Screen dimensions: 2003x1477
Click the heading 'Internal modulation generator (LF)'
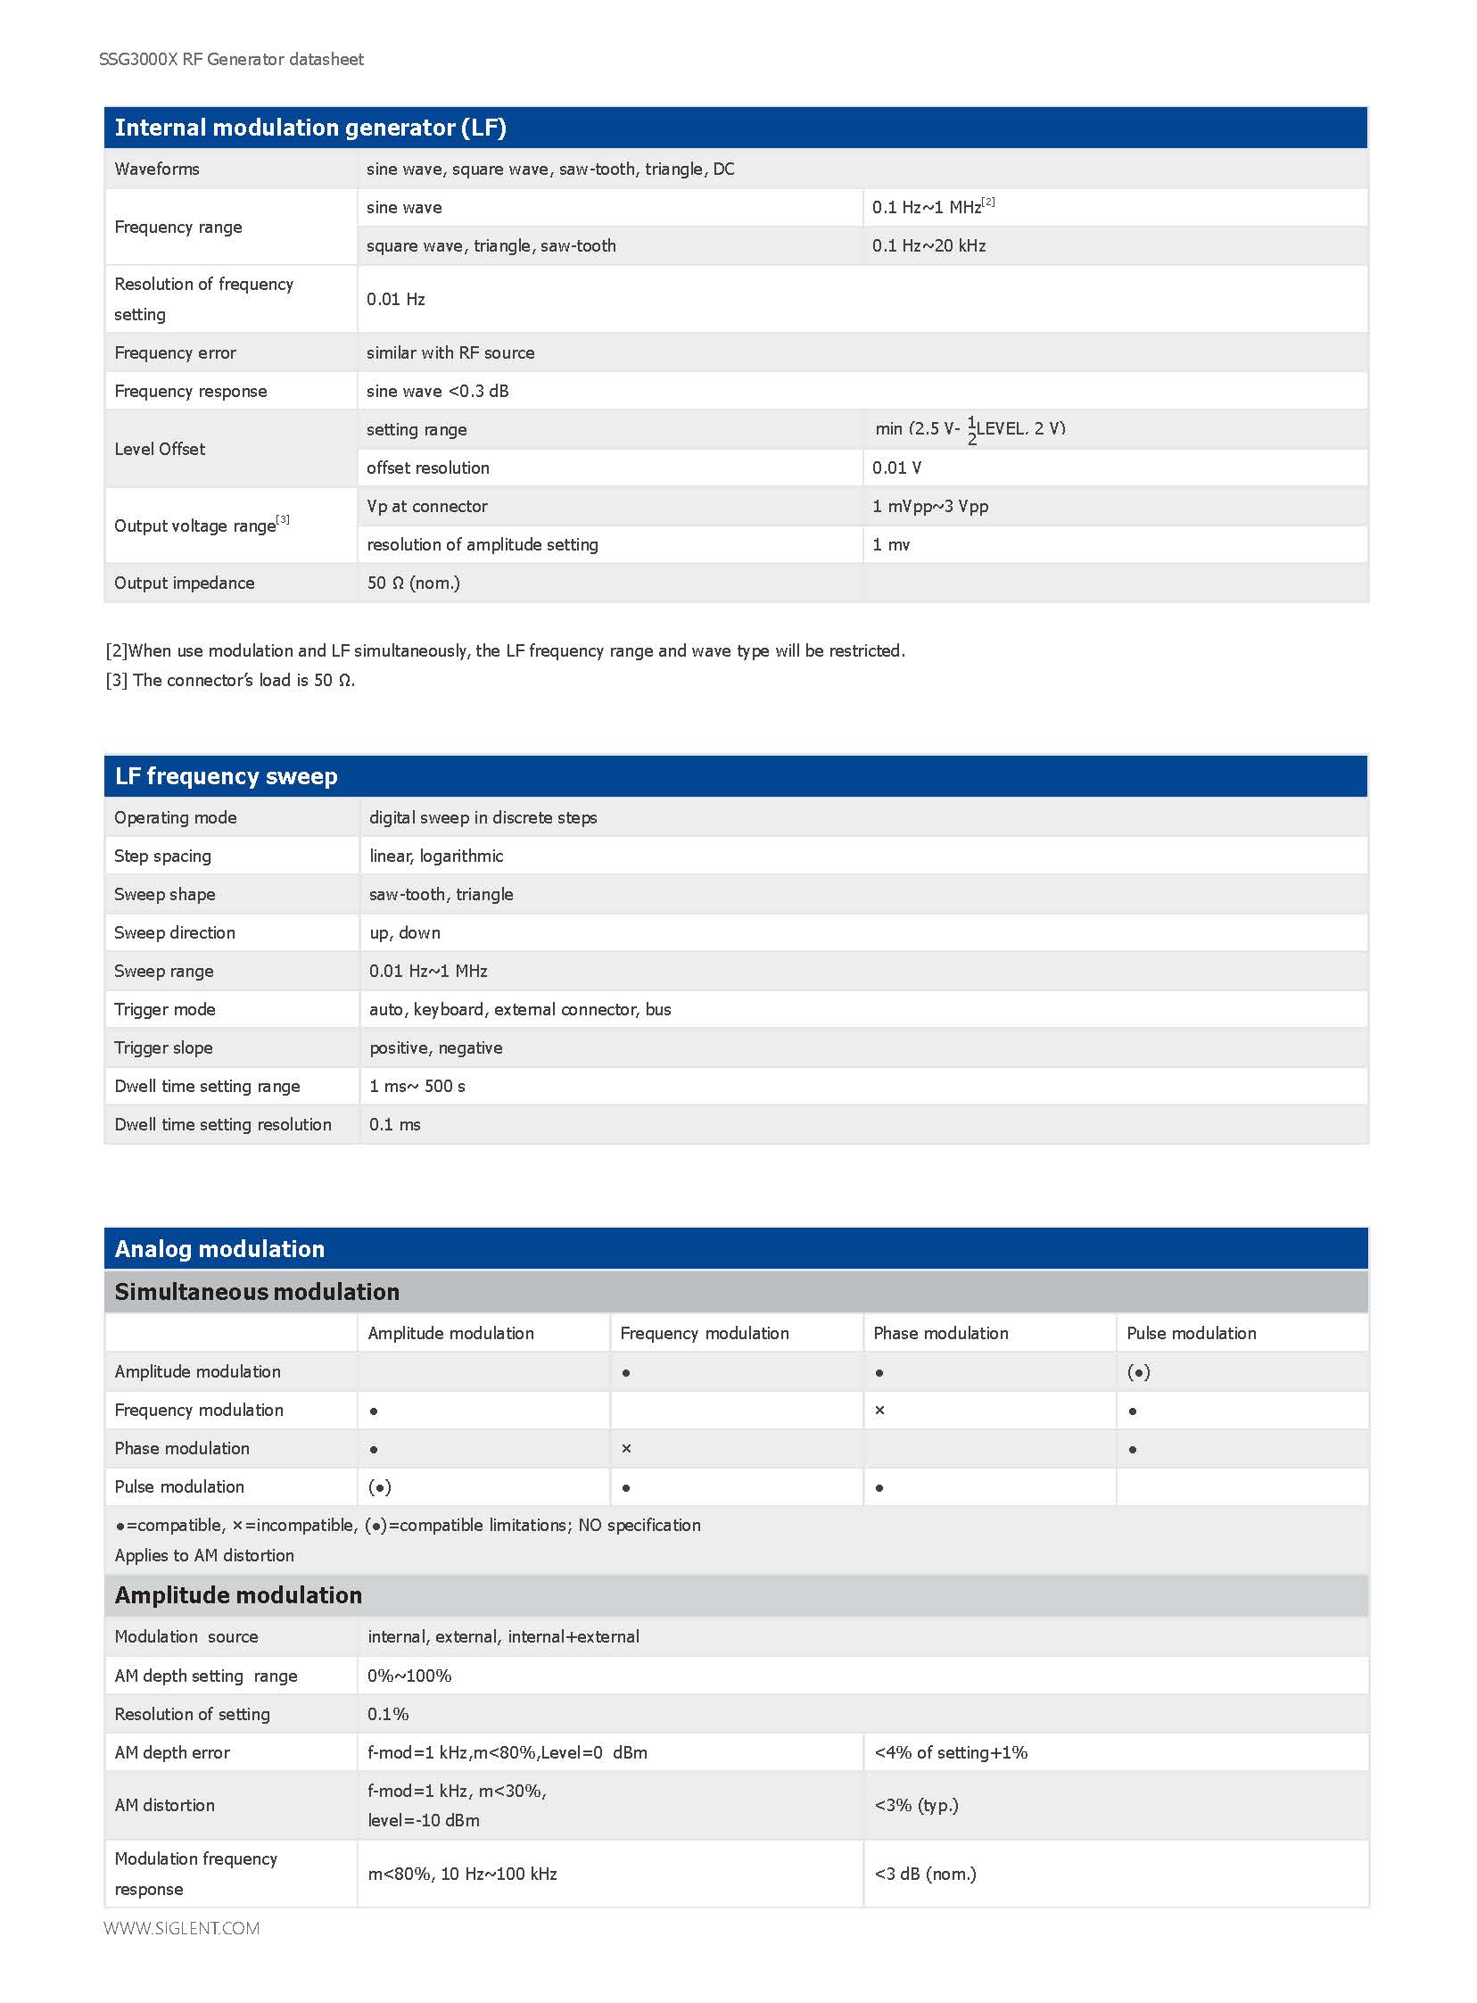click(x=310, y=128)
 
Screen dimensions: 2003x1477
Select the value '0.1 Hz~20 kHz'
click(x=929, y=246)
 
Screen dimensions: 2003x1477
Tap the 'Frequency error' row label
click(x=175, y=353)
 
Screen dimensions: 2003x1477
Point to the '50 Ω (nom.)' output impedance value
click(x=413, y=583)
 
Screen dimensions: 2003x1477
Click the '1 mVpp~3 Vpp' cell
click(x=930, y=506)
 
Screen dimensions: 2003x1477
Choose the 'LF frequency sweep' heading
click(x=227, y=776)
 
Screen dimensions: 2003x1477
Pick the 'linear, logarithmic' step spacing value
click(x=436, y=856)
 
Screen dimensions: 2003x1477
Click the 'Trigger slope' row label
click(x=163, y=1048)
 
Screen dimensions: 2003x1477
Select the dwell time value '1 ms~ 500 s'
click(x=417, y=1087)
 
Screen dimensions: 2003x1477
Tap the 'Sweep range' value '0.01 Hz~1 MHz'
click(x=428, y=971)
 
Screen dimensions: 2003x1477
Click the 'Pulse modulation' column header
click(x=1191, y=1333)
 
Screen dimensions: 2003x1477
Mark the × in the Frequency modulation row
click(x=879, y=1411)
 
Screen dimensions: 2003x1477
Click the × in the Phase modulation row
click(x=627, y=1449)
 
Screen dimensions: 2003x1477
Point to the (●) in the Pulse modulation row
click(x=380, y=1487)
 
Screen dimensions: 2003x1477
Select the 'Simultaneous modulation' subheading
click(x=257, y=1292)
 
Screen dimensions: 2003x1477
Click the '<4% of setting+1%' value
click(x=952, y=1752)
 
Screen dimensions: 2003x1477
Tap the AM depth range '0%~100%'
click(x=409, y=1676)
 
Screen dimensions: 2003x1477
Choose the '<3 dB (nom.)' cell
click(x=926, y=1874)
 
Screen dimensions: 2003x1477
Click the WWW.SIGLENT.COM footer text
click(x=181, y=1928)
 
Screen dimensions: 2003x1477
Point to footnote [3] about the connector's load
click(x=231, y=681)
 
